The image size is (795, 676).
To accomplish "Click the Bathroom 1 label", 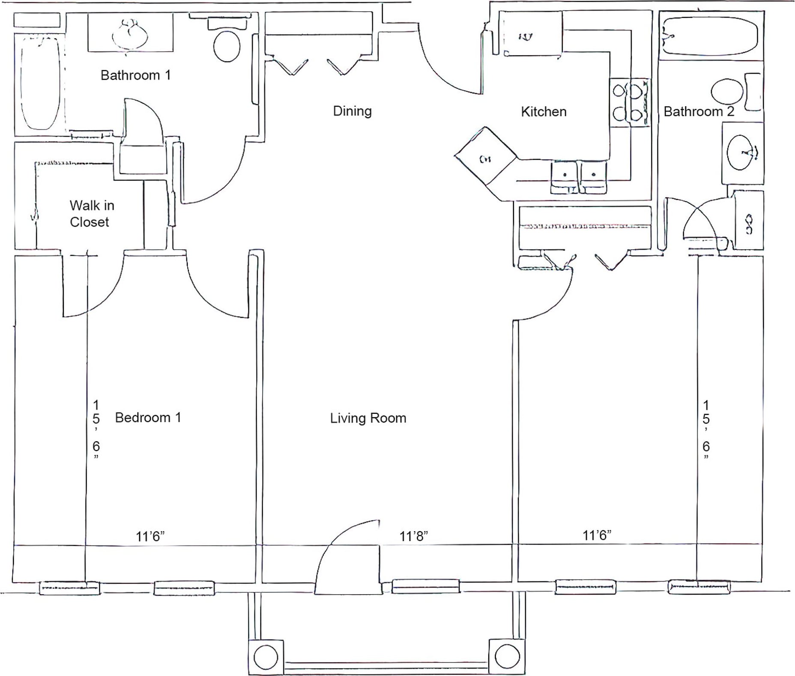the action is coord(135,75).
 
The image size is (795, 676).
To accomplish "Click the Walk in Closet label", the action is coord(91,213).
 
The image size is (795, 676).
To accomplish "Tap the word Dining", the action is coord(352,111).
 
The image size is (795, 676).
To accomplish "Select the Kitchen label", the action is coord(544,112).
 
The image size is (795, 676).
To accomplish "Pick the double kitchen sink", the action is coord(579,176).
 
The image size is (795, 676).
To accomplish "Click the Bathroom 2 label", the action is coord(699,112).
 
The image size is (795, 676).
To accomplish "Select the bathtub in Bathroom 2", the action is coord(709,36).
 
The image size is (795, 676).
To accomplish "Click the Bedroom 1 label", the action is coord(148,418).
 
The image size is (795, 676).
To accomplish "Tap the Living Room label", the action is coord(368,418).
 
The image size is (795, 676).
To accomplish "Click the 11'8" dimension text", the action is coord(414,536).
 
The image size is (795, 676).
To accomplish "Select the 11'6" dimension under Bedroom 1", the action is coord(150,536).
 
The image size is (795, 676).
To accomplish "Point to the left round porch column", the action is coord(266,656).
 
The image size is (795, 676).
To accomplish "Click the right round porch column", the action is coord(508,656).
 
